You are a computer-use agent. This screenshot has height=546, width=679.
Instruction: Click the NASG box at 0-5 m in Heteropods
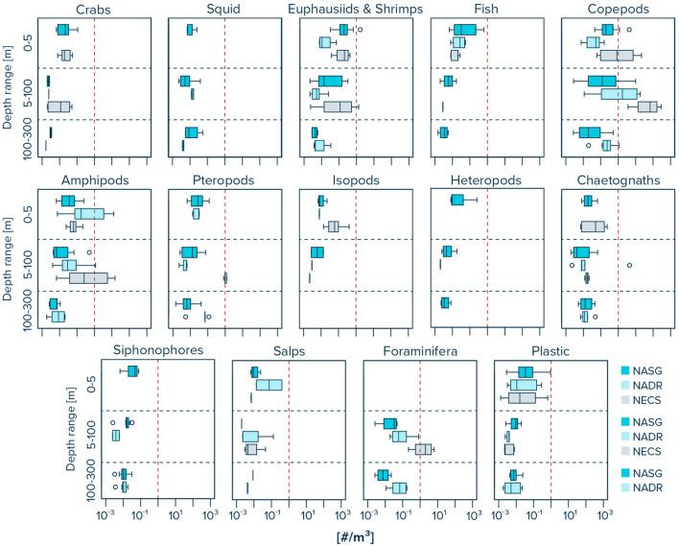(457, 200)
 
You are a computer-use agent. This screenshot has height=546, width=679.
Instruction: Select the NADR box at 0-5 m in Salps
(269, 385)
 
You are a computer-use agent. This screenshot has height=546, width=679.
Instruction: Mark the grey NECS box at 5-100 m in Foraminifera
(423, 449)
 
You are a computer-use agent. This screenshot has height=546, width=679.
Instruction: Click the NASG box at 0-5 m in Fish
(465, 30)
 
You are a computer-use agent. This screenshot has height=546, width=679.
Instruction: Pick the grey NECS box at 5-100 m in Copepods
(648, 107)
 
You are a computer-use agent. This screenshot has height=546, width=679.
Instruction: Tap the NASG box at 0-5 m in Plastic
(526, 372)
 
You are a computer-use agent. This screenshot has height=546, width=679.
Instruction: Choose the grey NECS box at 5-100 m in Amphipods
(88, 278)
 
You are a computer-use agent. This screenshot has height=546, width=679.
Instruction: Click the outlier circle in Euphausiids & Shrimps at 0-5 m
(360, 30)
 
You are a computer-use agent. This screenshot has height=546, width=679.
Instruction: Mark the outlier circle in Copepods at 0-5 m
(630, 30)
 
